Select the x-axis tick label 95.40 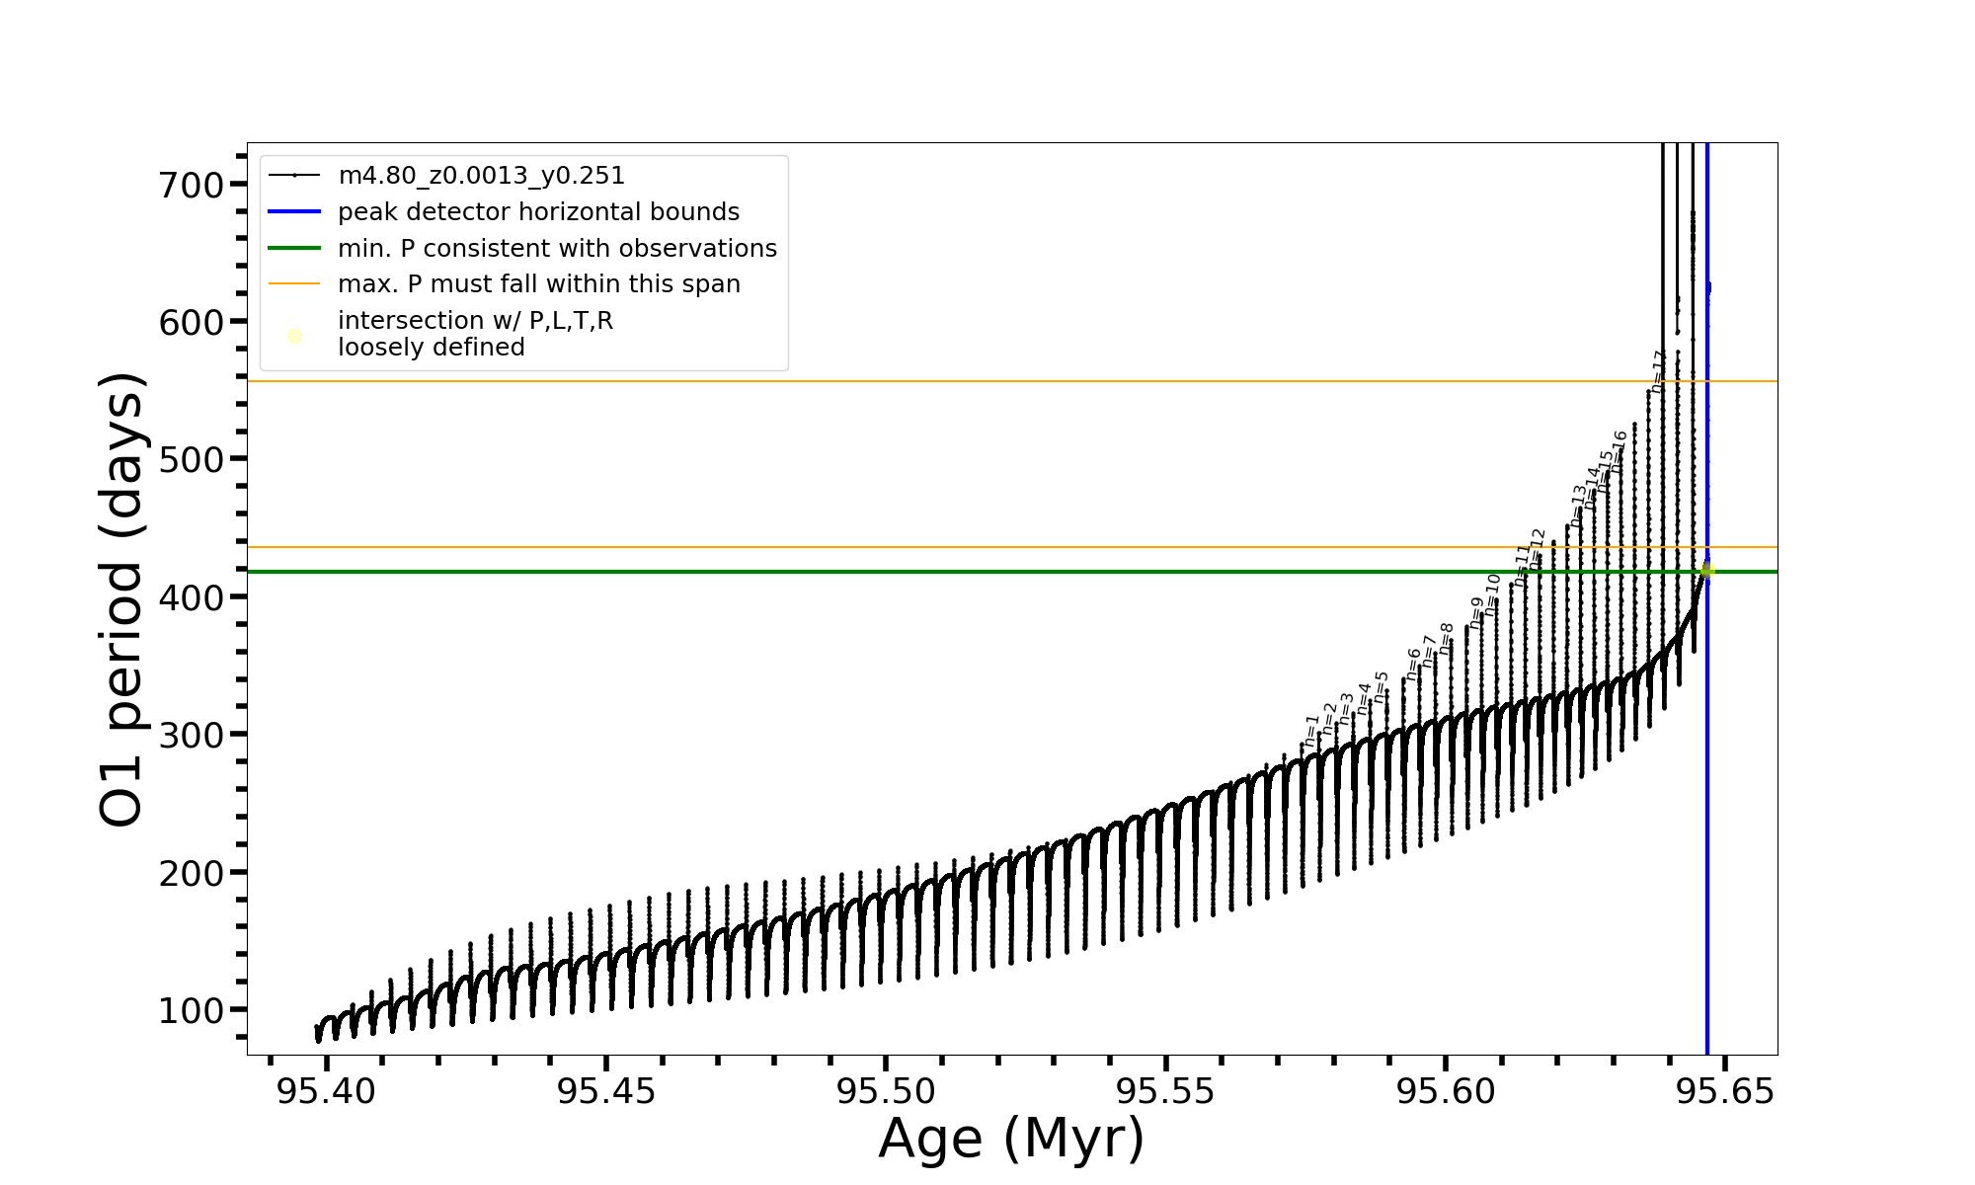pyautogui.click(x=326, y=1092)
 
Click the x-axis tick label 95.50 pyautogui.click(x=886, y=1092)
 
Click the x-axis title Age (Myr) pyautogui.click(x=1011, y=1139)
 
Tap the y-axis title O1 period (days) pyautogui.click(x=122, y=599)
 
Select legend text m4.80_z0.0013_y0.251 pyautogui.click(x=481, y=176)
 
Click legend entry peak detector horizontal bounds pyautogui.click(x=538, y=212)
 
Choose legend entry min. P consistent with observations pyautogui.click(x=557, y=248)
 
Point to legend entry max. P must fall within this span pyautogui.click(x=538, y=284)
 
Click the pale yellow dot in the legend pyautogui.click(x=294, y=337)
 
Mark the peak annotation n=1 pyautogui.click(x=1311, y=730)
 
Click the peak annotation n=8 pyautogui.click(x=1447, y=638)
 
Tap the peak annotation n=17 pyautogui.click(x=1659, y=370)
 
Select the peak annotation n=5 pyautogui.click(x=1382, y=686)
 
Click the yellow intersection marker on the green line pyautogui.click(x=1707, y=570)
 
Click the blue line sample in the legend pyautogui.click(x=294, y=212)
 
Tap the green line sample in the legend pyautogui.click(x=294, y=248)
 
